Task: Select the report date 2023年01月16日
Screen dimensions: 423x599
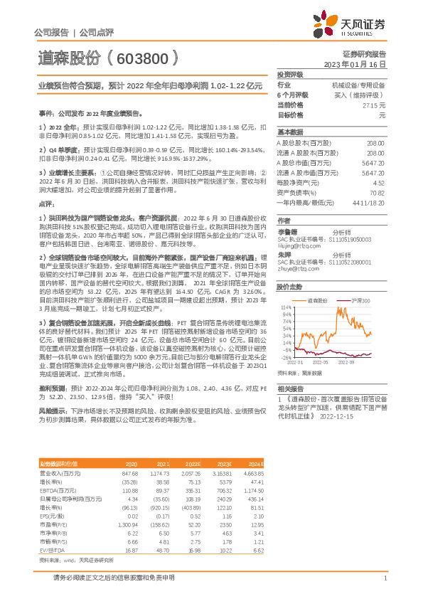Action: (x=355, y=64)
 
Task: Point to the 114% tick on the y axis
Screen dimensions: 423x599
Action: (x=286, y=308)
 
